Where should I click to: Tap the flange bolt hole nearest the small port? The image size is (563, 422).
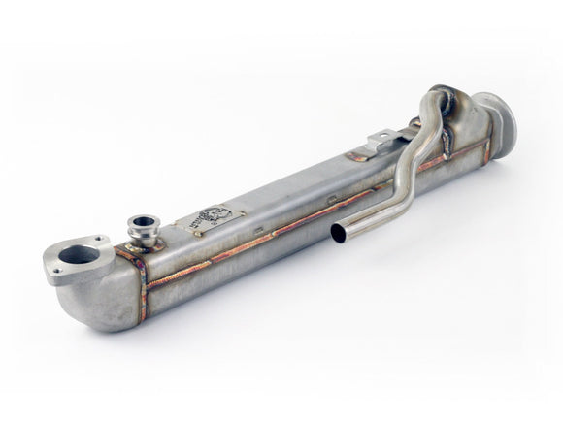point(101,241)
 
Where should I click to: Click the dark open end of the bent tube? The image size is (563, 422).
point(338,233)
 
